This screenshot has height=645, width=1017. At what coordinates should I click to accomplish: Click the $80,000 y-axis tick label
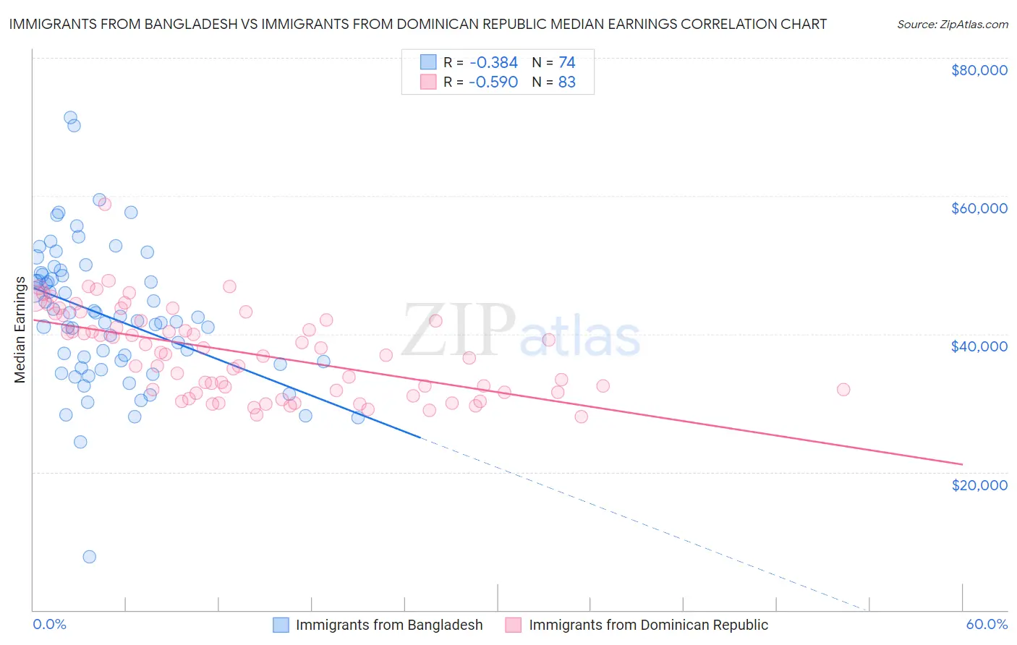(979, 70)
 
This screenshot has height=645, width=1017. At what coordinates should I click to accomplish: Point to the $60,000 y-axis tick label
(979, 208)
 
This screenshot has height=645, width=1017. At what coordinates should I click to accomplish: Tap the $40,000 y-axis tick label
(979, 346)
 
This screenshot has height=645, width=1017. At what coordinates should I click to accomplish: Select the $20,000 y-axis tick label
(979, 484)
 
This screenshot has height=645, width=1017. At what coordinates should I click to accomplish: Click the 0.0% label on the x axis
(49, 624)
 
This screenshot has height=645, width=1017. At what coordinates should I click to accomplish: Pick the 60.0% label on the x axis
(986, 624)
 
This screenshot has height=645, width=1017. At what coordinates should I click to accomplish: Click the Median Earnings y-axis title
(20, 329)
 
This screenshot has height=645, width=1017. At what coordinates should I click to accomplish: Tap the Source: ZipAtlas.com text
(952, 24)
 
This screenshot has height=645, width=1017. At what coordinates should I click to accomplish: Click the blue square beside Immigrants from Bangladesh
(281, 625)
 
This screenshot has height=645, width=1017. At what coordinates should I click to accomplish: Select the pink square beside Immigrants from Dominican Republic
(514, 625)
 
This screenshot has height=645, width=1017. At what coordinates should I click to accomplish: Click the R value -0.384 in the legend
(493, 63)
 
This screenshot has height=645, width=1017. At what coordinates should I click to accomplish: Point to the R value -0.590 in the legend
(493, 82)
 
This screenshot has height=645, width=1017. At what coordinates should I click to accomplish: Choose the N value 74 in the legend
(567, 63)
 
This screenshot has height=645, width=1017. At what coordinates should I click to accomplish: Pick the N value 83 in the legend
(567, 82)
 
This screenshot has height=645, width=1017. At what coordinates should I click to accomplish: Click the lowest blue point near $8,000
(89, 557)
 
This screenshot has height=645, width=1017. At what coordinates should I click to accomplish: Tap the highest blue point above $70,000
(70, 117)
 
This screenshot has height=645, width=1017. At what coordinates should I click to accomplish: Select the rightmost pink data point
(843, 390)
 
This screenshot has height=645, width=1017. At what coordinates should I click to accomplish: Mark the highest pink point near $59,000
(104, 204)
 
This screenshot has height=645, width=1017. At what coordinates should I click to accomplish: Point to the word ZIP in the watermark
(458, 330)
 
